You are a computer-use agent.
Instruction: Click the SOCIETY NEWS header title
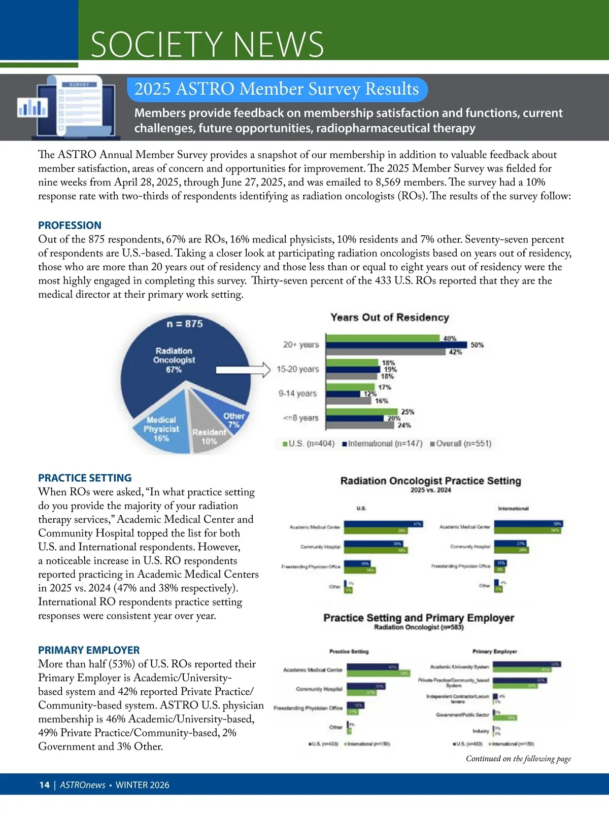207,44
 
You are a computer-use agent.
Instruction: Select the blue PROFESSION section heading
70,225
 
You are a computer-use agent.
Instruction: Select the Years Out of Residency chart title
390,317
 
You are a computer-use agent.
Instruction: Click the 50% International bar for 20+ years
396,345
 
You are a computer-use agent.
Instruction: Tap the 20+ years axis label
301,345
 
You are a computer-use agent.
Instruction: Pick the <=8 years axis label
301,418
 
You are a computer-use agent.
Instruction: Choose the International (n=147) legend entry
383,444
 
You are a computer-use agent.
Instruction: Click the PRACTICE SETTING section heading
85,478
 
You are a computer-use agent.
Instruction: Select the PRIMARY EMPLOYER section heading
89,650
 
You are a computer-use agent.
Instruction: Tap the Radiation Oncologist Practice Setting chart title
430,481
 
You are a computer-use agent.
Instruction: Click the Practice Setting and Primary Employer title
419,618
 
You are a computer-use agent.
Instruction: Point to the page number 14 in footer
45,785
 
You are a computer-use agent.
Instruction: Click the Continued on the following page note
518,759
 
